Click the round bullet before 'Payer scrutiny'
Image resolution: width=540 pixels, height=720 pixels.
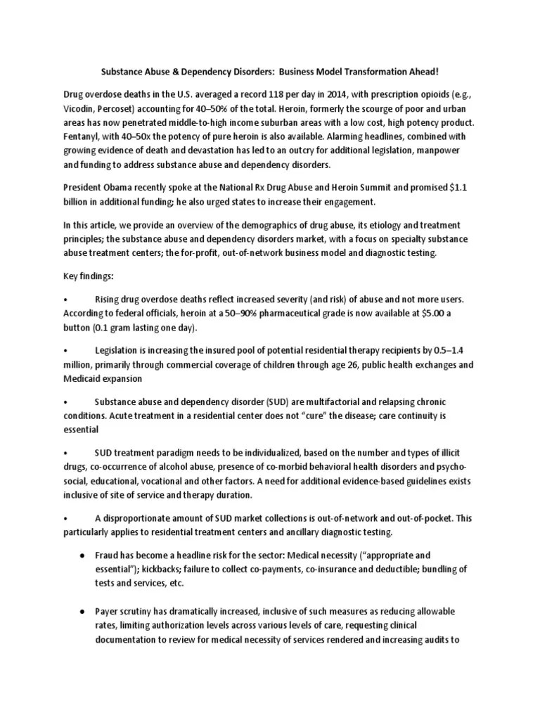pos(82,612)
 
